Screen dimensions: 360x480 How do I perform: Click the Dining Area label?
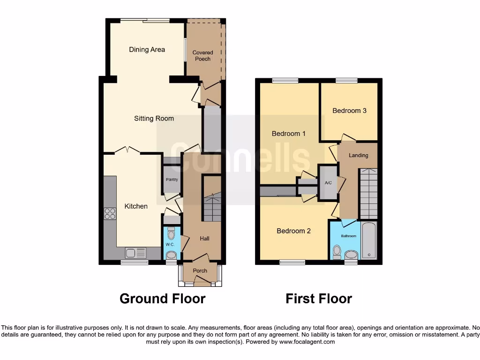coord(147,49)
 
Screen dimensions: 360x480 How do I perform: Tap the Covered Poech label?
coord(202,56)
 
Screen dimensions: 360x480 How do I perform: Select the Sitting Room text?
coord(154,119)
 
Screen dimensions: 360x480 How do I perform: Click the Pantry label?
coord(172,180)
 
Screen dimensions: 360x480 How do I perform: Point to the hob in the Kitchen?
coord(110,214)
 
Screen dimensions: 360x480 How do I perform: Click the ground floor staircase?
coord(212,206)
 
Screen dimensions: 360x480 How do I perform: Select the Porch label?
coord(200,270)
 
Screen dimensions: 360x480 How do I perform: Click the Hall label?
coord(204,239)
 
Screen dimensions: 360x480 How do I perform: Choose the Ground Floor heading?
coord(162,299)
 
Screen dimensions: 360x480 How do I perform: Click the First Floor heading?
coord(319,299)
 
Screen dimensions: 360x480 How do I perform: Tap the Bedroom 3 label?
coord(349,111)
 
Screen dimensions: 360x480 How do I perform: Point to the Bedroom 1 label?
coord(289,134)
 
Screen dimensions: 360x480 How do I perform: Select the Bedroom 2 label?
coord(293,231)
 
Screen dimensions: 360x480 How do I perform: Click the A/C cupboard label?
coord(328,183)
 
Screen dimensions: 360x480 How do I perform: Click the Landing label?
coord(359,155)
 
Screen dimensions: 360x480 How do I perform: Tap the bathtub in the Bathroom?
coord(369,240)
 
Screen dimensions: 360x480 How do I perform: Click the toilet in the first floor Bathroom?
coord(336,252)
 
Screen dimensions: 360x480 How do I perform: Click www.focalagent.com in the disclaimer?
coord(307,342)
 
